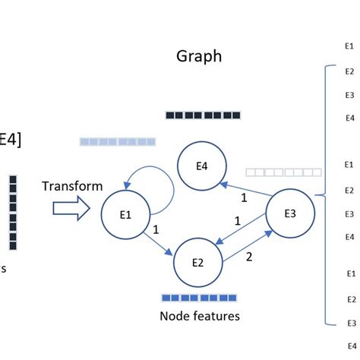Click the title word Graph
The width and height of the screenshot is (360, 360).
[199, 56]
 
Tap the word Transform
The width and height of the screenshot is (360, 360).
[72, 186]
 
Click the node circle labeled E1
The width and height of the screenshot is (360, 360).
[125, 214]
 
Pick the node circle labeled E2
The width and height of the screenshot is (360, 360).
[197, 263]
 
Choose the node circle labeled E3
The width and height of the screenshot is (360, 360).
[289, 213]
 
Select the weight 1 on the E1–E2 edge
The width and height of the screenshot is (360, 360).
[155, 228]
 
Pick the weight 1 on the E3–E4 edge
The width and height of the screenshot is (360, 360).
[244, 198]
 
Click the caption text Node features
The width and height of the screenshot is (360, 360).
[200, 315]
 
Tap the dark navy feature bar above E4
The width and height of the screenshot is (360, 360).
[203, 115]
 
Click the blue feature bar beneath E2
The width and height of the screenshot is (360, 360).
[199, 298]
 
